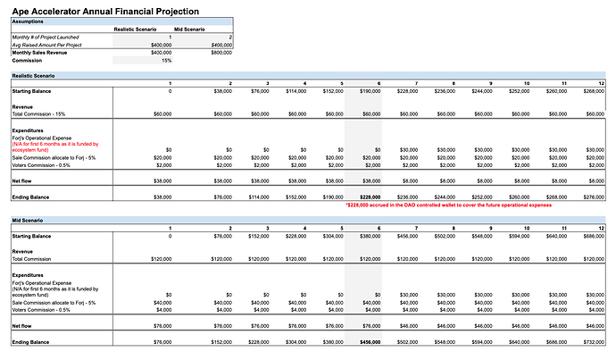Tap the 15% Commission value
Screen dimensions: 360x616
click(x=166, y=60)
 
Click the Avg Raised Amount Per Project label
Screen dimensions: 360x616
click(x=46, y=44)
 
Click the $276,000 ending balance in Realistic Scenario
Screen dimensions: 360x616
click(x=591, y=197)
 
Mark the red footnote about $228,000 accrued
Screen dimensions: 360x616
click(x=447, y=205)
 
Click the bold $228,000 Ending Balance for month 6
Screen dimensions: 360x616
click(x=370, y=197)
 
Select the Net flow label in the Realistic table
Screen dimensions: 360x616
click(x=25, y=180)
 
